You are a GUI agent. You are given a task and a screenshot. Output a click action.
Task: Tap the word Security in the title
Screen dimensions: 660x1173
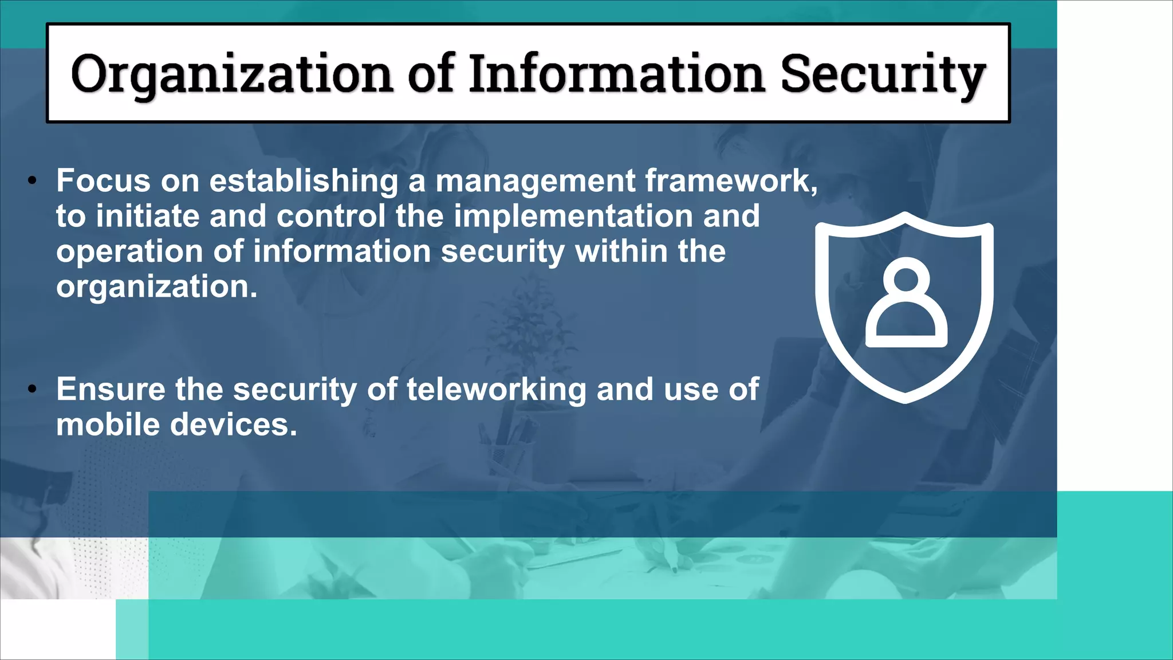(x=882, y=74)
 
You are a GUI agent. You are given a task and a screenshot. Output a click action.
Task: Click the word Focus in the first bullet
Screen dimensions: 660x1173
(x=103, y=181)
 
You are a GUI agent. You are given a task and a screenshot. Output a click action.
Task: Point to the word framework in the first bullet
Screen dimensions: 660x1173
(x=731, y=181)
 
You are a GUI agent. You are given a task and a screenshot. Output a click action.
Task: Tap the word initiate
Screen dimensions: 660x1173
(x=147, y=217)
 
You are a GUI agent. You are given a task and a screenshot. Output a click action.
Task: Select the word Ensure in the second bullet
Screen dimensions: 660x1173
(x=111, y=390)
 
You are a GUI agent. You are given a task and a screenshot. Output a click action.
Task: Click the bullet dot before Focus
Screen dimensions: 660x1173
(x=33, y=182)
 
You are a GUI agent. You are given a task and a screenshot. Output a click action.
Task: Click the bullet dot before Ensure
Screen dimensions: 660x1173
(x=33, y=390)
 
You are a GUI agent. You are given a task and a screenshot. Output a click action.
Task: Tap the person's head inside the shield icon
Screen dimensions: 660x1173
(x=906, y=279)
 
